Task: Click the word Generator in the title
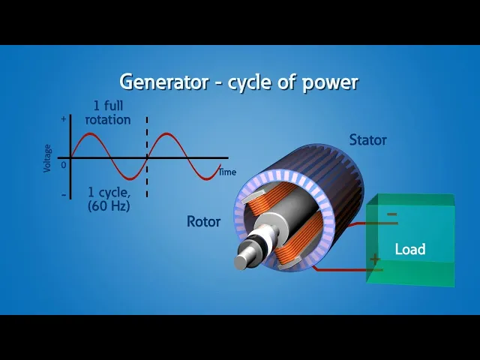163,82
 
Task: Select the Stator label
367,139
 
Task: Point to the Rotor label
203,221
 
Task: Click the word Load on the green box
410,249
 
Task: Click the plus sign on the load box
374,259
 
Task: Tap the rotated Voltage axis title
48,157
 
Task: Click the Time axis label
227,172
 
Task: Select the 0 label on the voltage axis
64,164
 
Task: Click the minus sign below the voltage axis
63,195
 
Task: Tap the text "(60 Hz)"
109,204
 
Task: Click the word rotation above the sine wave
109,119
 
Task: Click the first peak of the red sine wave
90,135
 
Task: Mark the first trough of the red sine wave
128,179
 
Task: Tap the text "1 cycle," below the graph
109,190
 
